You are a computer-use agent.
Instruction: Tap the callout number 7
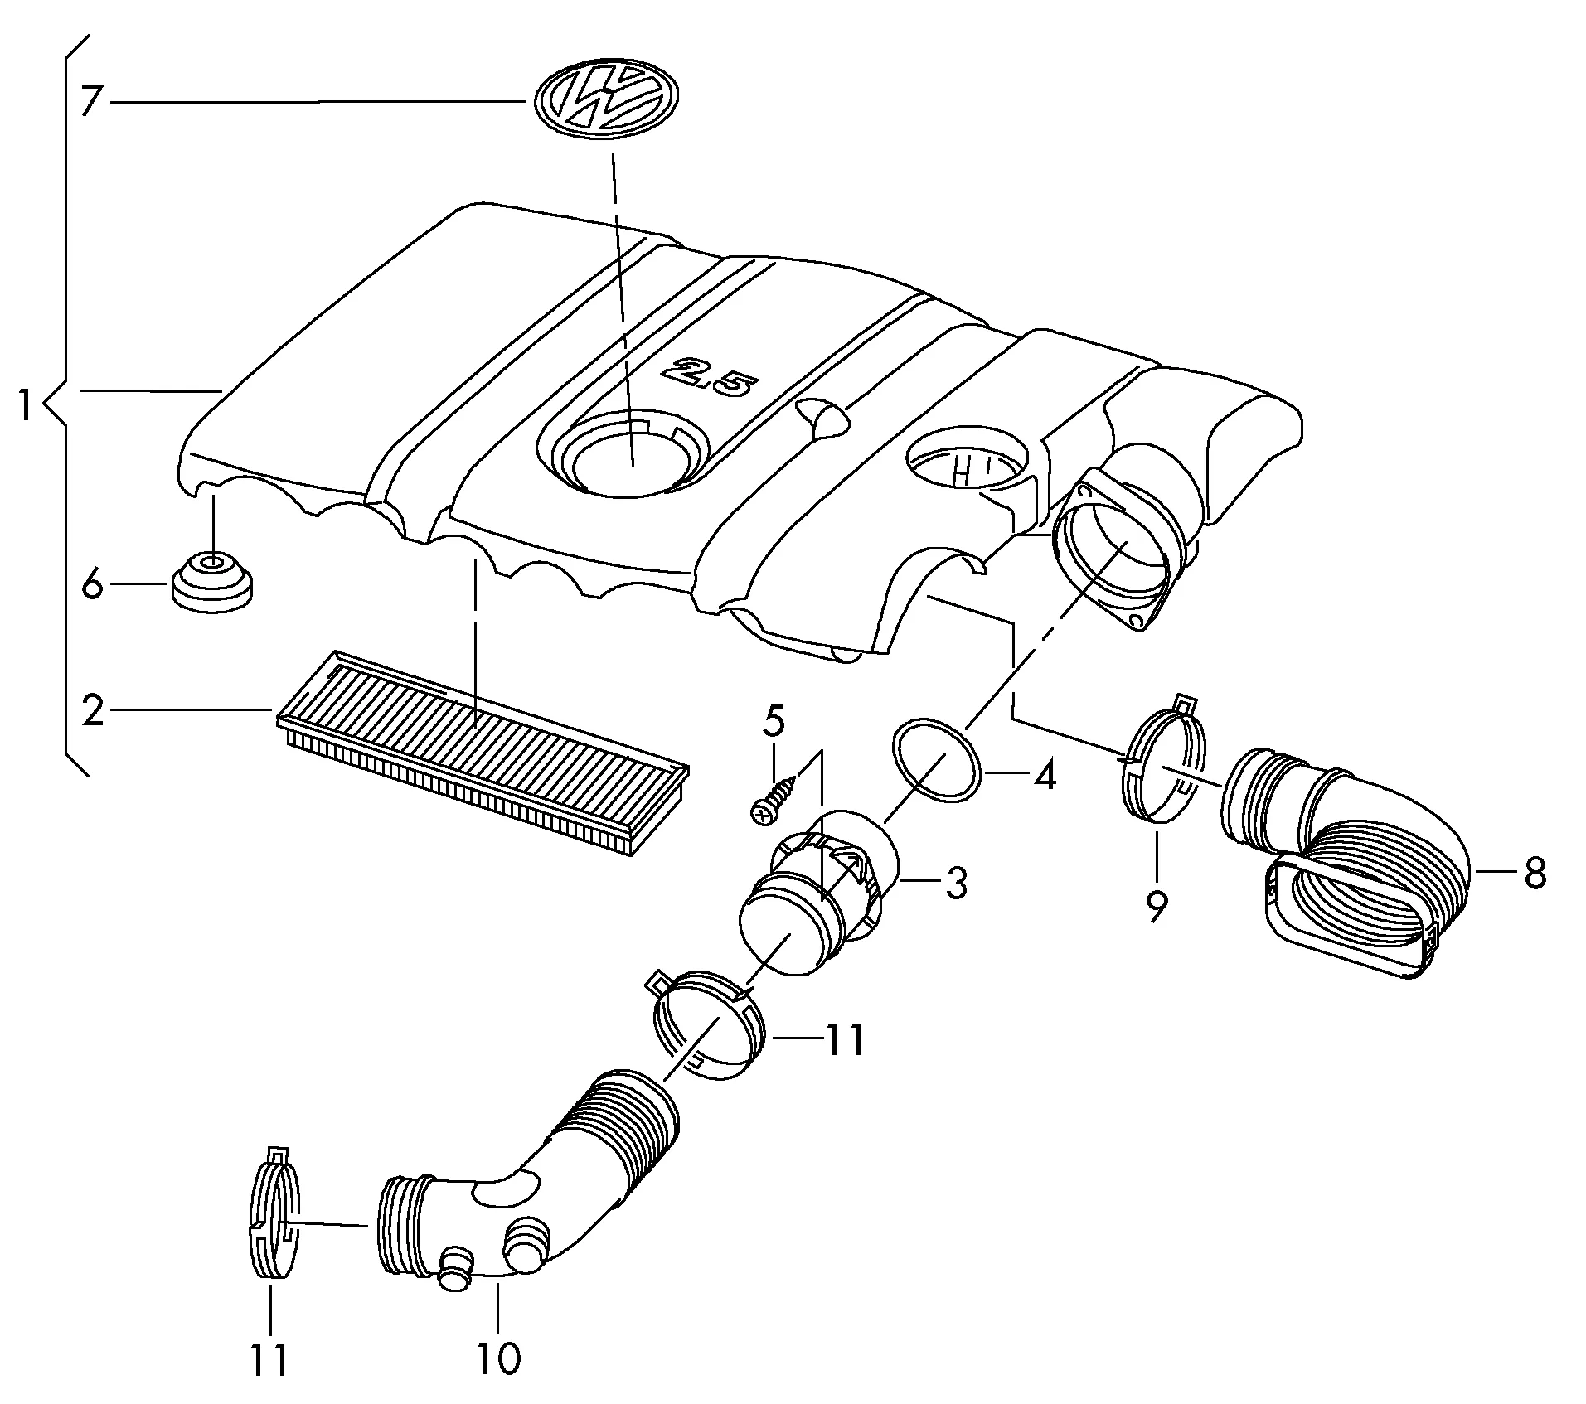tap(92, 102)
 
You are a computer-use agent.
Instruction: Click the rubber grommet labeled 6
tap(212, 583)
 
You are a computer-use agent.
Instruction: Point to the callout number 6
tap(92, 587)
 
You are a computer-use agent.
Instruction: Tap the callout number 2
tap(93, 711)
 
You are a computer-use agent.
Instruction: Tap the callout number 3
tap(956, 884)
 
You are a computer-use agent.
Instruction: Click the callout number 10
tap(498, 1358)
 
